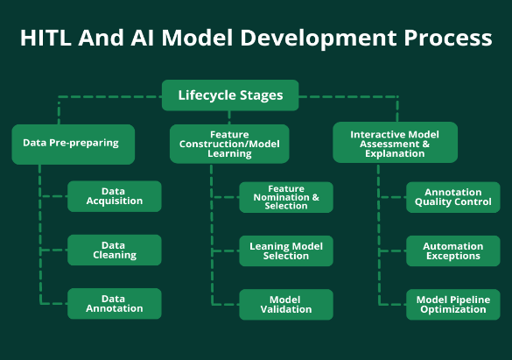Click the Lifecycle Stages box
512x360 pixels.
(230, 95)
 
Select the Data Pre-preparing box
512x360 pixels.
(74, 144)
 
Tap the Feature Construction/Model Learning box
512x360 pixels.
(229, 144)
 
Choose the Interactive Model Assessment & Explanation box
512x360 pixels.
(395, 143)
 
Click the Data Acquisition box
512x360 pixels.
(115, 196)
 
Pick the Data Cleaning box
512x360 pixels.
(115, 250)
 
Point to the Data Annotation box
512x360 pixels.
(115, 303)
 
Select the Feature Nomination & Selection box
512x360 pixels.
(286, 197)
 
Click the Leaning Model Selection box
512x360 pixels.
(286, 251)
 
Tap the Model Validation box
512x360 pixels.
(286, 305)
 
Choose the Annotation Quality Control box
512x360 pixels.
(452, 197)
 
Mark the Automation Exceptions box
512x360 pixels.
(452, 251)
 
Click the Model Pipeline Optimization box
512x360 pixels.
(452, 305)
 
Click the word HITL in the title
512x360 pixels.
(46, 38)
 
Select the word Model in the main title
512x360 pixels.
(197, 38)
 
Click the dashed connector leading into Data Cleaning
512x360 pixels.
(53, 251)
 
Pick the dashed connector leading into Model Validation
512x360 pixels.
(225, 305)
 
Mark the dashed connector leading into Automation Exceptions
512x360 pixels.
(392, 251)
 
